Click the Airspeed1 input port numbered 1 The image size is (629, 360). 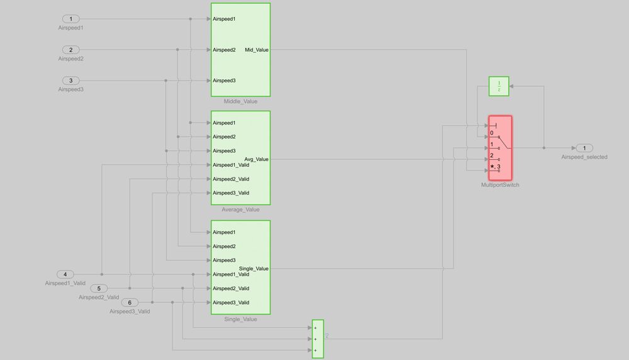click(x=70, y=19)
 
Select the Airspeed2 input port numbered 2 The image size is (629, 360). click(x=70, y=50)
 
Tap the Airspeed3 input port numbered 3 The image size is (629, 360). click(x=70, y=81)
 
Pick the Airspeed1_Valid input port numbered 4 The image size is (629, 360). click(x=65, y=274)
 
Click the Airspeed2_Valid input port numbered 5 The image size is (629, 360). click(x=99, y=288)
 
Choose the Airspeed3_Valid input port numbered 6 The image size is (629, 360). click(x=130, y=303)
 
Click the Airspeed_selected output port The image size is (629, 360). click(x=584, y=148)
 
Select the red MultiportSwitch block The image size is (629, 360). click(x=500, y=147)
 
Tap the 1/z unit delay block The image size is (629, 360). click(x=499, y=86)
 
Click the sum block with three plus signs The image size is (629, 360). click(x=318, y=339)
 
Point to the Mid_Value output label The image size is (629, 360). click(x=257, y=50)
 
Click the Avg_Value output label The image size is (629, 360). click(x=257, y=159)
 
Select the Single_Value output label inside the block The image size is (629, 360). click(x=253, y=269)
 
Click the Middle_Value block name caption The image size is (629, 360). click(x=240, y=101)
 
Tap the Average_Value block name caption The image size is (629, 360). click(x=240, y=210)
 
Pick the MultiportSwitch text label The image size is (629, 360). click(x=500, y=185)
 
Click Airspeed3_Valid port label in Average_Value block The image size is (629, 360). click(x=231, y=193)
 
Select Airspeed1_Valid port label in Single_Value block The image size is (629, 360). click(x=231, y=274)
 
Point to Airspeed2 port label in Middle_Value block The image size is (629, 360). click(x=225, y=50)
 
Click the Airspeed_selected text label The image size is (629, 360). click(x=584, y=157)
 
